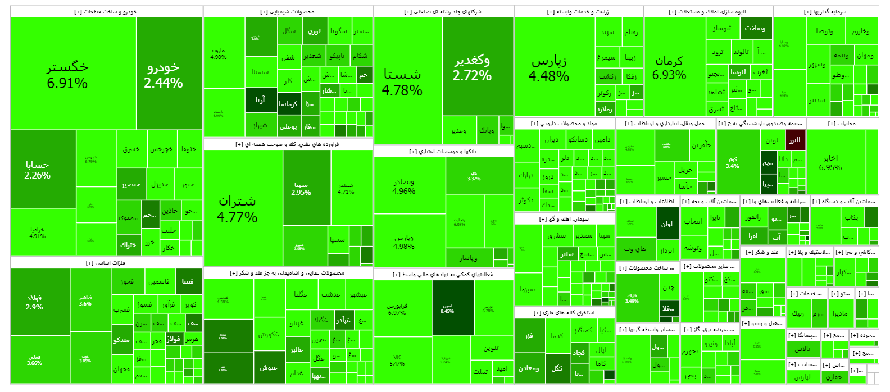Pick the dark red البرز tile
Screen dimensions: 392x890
(795, 140)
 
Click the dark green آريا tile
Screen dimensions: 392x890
(261, 100)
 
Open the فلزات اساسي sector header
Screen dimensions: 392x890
(106, 263)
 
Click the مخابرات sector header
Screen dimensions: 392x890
(842, 124)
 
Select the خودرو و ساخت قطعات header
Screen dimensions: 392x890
(106, 12)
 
